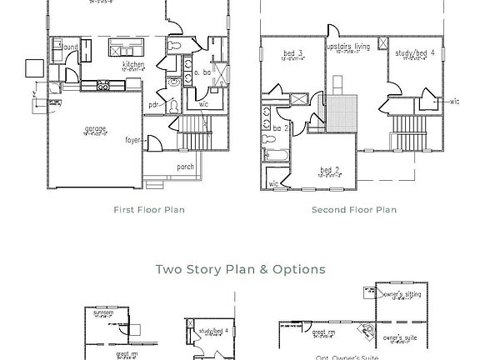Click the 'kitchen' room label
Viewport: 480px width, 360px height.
134,64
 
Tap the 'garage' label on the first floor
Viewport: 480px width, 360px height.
94,129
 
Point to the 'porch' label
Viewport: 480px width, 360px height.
185,167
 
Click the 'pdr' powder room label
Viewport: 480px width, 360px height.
154,105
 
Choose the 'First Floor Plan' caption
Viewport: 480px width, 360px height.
149,210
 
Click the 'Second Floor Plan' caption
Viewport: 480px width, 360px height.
354,210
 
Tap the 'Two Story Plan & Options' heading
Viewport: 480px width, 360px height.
240,269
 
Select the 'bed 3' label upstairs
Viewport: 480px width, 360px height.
293,54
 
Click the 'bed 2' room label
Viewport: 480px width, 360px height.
330,171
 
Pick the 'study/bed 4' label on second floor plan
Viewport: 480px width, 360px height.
415,54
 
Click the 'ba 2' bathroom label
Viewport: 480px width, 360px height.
280,128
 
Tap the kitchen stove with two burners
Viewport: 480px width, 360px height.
104,85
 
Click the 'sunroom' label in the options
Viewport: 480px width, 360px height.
103,312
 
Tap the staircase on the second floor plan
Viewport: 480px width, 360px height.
410,133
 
